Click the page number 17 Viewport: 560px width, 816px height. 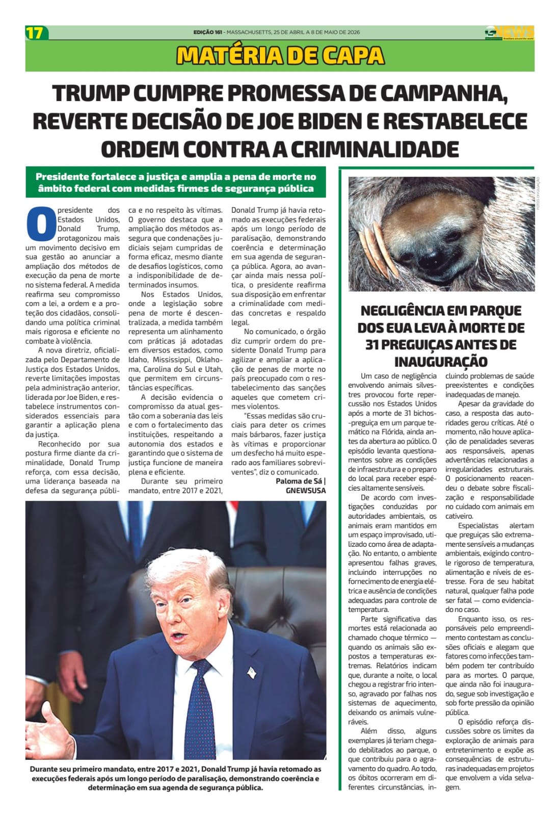[35, 33]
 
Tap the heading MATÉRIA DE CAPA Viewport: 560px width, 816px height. [280, 56]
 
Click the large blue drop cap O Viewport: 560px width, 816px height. [40, 223]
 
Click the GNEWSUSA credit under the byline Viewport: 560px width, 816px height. [306, 491]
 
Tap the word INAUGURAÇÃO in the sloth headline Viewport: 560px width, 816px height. [441, 362]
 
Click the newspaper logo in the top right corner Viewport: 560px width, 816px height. [509, 32]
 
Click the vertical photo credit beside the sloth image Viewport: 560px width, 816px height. [538, 192]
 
